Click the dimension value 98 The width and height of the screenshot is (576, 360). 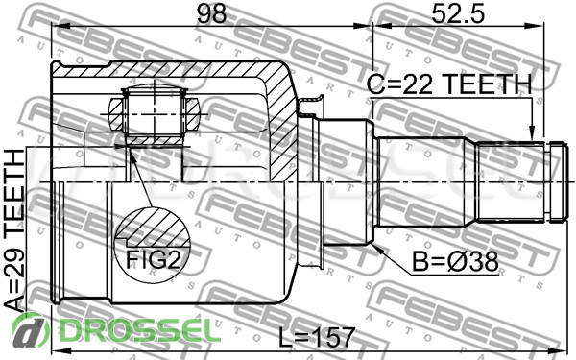[x=211, y=13]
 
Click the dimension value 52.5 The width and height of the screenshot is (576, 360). [x=458, y=14]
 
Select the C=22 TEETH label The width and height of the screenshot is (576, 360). [x=449, y=84]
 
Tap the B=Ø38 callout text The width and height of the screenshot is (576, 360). [x=455, y=261]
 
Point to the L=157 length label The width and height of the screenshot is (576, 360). [x=317, y=337]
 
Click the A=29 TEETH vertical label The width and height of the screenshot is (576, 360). [x=14, y=230]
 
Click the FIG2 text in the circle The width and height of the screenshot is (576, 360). [x=154, y=259]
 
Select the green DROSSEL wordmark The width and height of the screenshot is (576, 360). [x=139, y=330]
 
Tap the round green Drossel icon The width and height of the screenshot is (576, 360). [x=30, y=330]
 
